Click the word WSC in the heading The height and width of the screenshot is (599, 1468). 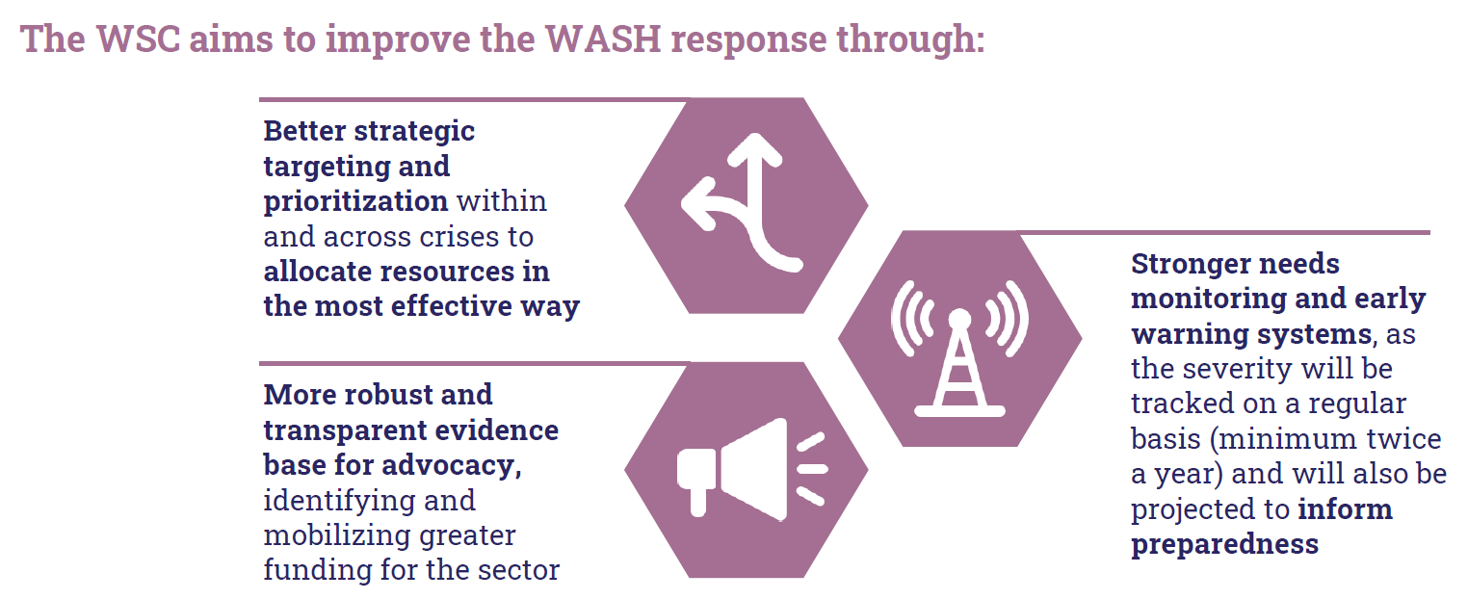[x=139, y=39]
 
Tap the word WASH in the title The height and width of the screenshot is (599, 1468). [x=603, y=39]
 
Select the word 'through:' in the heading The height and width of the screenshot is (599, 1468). [x=910, y=40]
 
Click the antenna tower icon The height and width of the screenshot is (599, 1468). [x=959, y=349]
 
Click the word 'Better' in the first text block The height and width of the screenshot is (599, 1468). [x=304, y=130]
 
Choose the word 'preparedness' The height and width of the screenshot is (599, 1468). [x=1224, y=545]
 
